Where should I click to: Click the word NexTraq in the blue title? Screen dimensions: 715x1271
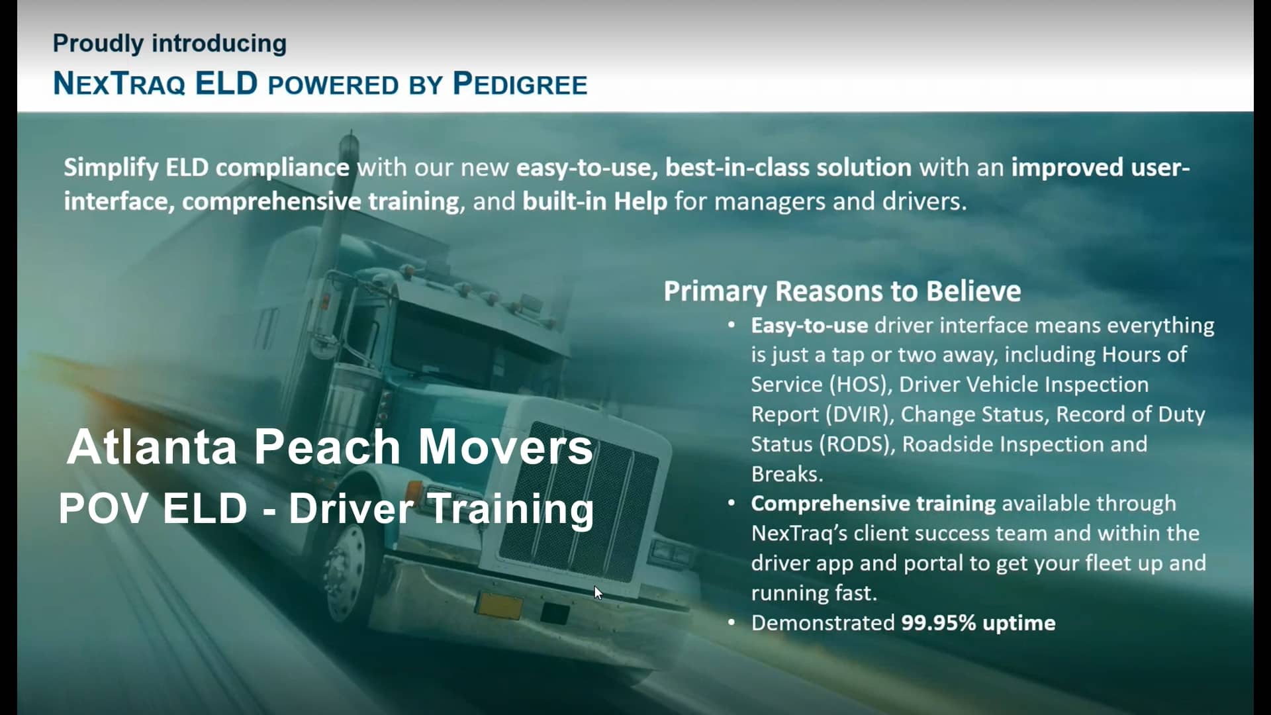point(119,84)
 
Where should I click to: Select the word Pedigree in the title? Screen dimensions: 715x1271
point(520,84)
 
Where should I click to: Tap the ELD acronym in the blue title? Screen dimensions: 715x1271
point(226,84)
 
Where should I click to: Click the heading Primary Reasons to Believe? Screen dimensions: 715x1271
point(842,291)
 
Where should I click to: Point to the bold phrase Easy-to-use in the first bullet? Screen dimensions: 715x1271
point(809,325)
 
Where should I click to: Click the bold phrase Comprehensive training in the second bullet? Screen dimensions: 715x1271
point(872,503)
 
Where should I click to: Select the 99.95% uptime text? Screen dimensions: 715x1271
point(978,623)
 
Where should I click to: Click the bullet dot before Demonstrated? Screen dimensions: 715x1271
point(731,622)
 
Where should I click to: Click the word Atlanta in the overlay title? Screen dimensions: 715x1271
point(152,447)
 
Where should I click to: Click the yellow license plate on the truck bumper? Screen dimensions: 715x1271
point(500,605)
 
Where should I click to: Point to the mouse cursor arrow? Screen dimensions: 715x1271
point(598,593)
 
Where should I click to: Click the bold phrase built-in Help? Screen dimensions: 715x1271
point(594,201)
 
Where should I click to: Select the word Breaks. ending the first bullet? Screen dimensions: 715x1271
point(786,474)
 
